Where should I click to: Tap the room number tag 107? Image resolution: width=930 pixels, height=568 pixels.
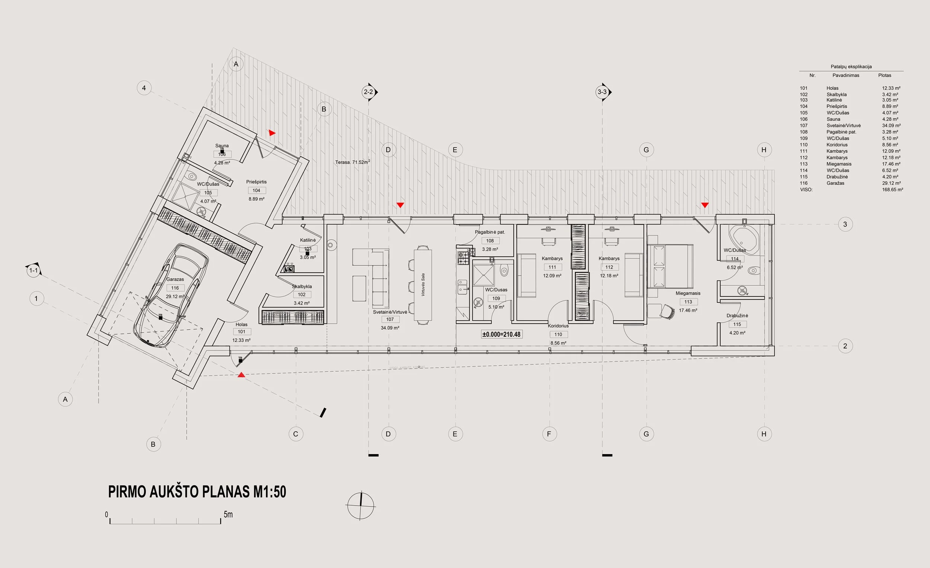(390, 319)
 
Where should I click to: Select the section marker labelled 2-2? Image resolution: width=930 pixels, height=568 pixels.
(368, 92)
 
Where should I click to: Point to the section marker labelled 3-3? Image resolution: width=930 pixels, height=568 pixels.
(602, 92)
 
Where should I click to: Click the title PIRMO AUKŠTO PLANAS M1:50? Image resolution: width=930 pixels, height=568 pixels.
(197, 491)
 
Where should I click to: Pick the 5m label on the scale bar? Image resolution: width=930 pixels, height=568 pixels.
(228, 514)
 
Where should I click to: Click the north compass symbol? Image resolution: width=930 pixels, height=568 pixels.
(360, 506)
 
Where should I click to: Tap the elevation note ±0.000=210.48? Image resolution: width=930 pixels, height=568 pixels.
(501, 334)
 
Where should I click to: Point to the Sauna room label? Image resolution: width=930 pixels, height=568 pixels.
(222, 146)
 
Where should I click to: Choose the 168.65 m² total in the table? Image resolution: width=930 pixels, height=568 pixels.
(892, 189)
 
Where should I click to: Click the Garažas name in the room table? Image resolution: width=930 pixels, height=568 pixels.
(835, 183)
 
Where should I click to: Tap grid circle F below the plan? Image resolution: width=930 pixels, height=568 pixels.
(549, 434)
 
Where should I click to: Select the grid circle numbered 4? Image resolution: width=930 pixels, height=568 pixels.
(144, 88)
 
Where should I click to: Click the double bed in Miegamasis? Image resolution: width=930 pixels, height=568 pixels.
(670, 266)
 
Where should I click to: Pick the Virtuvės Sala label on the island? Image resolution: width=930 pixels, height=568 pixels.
(423, 285)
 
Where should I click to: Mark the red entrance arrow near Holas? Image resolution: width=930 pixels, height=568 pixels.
(241, 375)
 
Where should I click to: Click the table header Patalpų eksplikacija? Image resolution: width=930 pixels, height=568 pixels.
(851, 67)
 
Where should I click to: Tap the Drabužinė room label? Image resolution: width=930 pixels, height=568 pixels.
(737, 315)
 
